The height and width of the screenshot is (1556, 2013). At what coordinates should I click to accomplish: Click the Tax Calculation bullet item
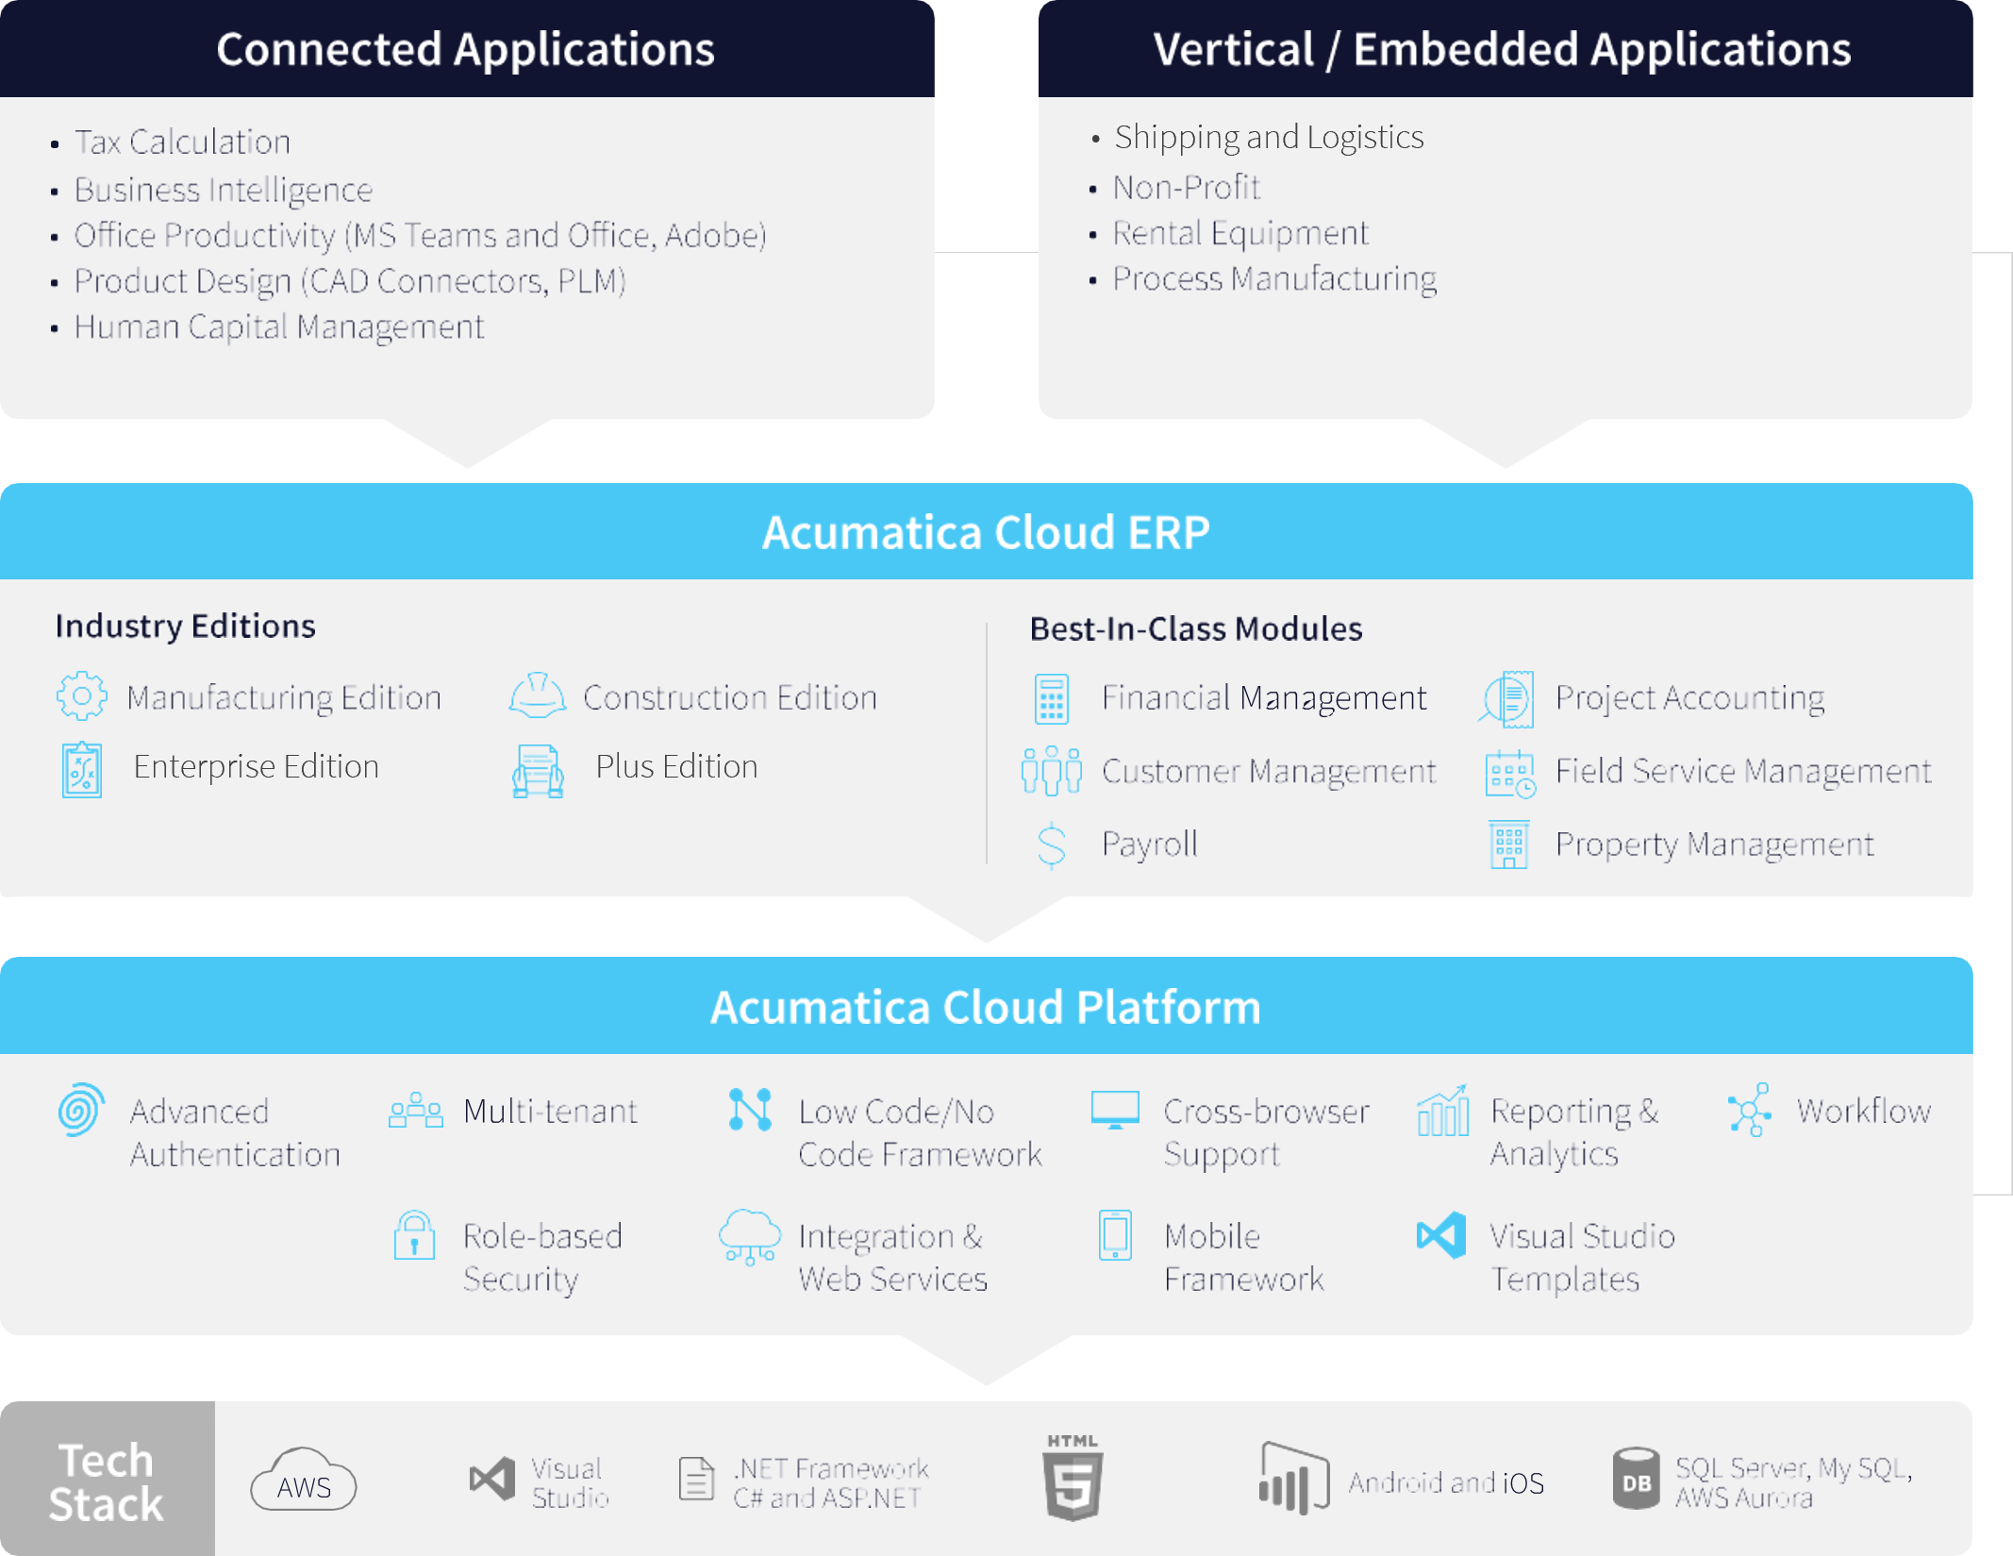[182, 142]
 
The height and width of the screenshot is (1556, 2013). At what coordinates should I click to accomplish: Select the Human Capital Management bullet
[278, 327]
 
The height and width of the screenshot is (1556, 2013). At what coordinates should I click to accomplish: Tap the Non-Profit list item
[1186, 188]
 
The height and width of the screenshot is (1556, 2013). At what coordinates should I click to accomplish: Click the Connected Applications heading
[465, 49]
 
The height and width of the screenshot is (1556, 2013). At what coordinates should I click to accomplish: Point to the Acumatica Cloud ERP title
[986, 532]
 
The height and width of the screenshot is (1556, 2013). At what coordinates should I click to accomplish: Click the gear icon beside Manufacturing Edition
[82, 697]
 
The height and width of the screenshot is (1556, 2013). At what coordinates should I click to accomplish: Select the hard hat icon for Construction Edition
[538, 696]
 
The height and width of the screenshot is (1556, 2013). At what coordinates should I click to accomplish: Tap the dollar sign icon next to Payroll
[1051, 845]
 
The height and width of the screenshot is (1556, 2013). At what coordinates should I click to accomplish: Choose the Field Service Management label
[1742, 771]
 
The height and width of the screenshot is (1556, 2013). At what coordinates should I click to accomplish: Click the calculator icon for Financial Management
[1051, 699]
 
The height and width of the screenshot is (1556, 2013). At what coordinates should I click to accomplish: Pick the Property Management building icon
[1509, 845]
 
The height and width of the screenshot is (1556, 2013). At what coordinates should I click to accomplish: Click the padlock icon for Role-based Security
[414, 1236]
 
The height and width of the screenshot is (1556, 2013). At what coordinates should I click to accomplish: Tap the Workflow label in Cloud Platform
[1863, 1112]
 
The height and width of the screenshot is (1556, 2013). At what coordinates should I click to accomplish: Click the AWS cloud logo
[304, 1481]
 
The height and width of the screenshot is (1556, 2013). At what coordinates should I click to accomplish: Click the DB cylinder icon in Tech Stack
[1636, 1479]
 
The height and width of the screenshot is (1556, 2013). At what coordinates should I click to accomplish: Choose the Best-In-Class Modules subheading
[1195, 629]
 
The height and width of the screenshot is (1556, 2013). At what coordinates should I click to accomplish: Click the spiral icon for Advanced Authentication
[81, 1110]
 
